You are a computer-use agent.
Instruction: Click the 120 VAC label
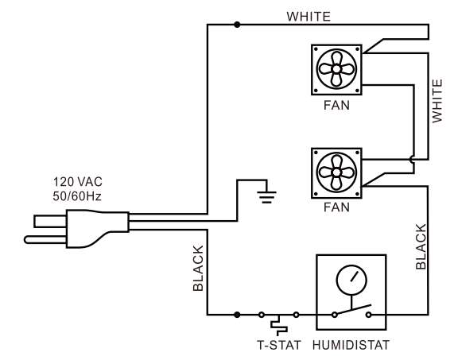coord(77,180)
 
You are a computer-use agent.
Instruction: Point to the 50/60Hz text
coord(77,195)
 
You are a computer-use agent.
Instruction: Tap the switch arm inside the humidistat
coord(351,308)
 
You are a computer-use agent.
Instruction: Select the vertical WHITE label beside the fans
coord(437,98)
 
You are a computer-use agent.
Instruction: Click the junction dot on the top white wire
coord(236,25)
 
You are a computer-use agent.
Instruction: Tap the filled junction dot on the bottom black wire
coord(236,315)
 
